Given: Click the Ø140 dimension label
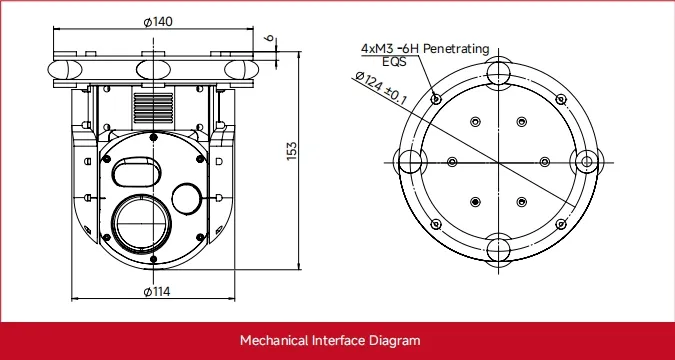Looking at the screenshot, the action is point(158,22).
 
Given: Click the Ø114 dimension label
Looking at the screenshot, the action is point(157,292).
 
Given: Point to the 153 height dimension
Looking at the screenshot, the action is point(292,151).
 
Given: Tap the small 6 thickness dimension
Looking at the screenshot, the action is point(269,38).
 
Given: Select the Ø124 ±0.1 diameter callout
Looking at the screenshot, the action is point(381,88).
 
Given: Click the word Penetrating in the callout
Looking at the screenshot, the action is point(456,49).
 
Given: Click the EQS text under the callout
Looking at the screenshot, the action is point(394,62).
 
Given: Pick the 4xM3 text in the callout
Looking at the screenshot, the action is point(377,49).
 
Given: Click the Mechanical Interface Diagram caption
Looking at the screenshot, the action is point(330,341).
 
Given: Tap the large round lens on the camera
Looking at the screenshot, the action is point(141,223).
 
